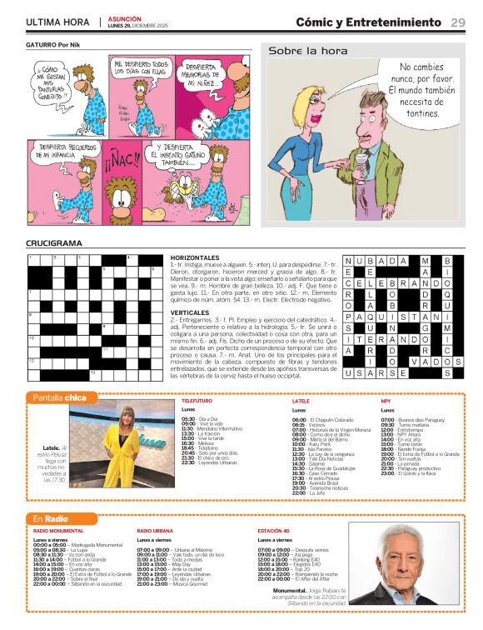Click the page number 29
point(458,22)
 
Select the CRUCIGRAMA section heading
point(54,243)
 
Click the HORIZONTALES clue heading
point(194,258)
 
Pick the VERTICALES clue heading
point(189,313)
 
